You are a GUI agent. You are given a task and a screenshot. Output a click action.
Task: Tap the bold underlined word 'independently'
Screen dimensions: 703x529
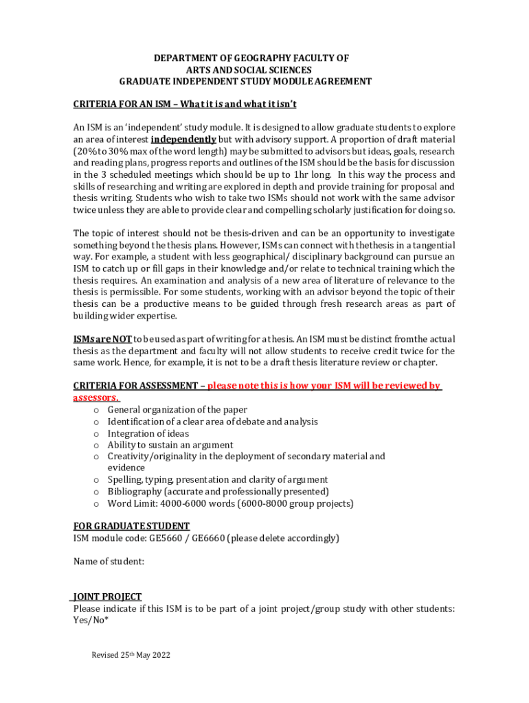(183, 139)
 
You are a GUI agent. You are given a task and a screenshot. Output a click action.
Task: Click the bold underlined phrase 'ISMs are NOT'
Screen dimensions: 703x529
(102, 339)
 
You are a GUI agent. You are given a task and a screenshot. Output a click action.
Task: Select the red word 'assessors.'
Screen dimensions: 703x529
(95, 397)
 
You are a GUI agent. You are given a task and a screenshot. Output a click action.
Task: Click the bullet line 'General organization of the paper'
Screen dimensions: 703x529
(177, 410)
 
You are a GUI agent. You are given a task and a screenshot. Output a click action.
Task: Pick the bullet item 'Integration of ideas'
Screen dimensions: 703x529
(148, 433)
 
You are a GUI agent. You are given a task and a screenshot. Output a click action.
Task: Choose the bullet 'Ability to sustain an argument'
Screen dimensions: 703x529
(170, 445)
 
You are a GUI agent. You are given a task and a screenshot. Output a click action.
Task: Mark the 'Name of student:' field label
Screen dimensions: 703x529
(109, 562)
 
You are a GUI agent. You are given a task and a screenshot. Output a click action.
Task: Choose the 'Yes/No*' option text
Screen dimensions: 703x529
(91, 620)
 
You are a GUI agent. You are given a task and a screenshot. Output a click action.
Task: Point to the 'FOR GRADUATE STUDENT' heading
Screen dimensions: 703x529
(131, 527)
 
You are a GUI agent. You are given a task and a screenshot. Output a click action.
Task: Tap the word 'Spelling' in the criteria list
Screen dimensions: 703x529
(126, 480)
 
